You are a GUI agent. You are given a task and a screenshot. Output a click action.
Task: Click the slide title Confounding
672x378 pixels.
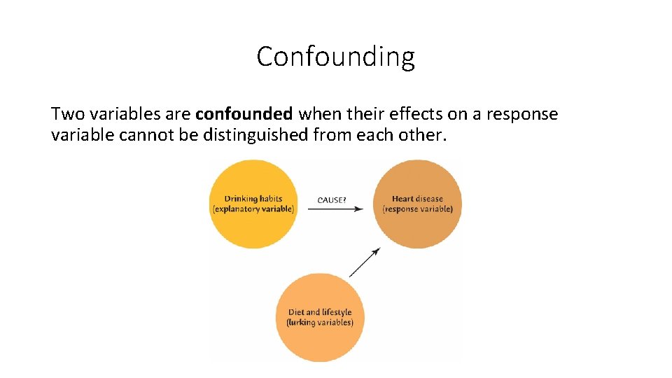335,57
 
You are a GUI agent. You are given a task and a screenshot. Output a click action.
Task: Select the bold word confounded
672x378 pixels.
244,114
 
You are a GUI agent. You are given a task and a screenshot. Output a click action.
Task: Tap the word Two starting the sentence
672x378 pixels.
66,114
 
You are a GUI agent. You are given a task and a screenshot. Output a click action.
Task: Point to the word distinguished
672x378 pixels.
255,134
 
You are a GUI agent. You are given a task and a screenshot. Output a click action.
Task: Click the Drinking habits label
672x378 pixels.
253,199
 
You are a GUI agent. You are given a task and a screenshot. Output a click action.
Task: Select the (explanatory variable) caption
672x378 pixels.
253,209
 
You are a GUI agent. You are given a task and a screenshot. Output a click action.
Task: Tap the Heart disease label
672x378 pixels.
417,199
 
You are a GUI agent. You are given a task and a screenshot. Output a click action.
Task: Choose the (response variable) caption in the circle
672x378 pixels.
417,209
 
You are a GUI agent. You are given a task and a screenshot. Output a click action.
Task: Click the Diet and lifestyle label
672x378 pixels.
320,312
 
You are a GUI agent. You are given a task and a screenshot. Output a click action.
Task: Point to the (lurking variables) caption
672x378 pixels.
320,323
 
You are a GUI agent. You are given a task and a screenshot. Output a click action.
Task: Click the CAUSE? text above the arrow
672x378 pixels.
332,200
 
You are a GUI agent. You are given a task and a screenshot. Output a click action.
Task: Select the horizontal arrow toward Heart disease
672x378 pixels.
335,209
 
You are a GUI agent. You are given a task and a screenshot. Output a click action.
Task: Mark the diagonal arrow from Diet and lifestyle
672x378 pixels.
365,262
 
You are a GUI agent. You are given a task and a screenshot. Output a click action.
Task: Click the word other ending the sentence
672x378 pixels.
424,134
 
